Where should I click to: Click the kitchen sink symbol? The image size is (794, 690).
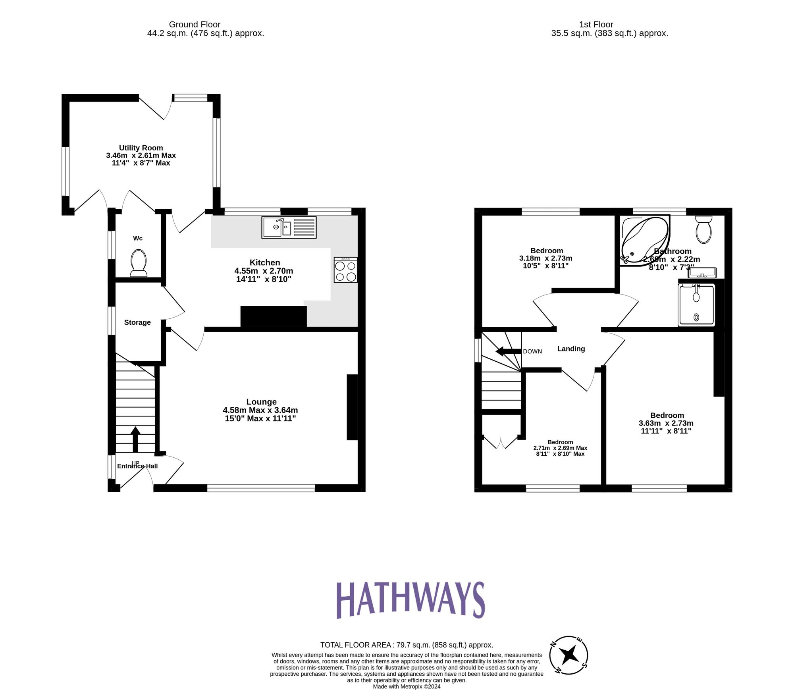point(289,227)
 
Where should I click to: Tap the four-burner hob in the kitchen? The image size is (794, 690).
point(345,270)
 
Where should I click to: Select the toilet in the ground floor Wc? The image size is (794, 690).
point(139,263)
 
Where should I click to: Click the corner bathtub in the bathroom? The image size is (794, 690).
point(644,240)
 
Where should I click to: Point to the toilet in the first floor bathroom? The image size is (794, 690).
point(703,229)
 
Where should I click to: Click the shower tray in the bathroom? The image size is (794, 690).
point(696,305)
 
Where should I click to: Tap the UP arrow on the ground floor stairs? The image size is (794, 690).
point(135,439)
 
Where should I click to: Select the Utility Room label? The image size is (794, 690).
point(141,148)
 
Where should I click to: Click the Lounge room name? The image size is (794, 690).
point(261,402)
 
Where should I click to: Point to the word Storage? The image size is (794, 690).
point(137,322)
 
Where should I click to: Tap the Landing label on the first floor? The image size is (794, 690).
point(571,349)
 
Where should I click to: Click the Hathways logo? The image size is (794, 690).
point(410,600)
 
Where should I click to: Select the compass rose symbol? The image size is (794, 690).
point(569,655)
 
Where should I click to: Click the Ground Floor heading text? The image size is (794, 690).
point(195,25)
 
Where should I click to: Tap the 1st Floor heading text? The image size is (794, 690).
point(596,25)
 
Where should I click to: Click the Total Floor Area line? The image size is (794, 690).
point(407,645)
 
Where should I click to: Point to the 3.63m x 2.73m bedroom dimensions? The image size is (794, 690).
point(666,423)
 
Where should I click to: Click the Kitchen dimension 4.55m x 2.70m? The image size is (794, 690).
point(264,271)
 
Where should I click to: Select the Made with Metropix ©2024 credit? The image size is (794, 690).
point(407,686)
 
